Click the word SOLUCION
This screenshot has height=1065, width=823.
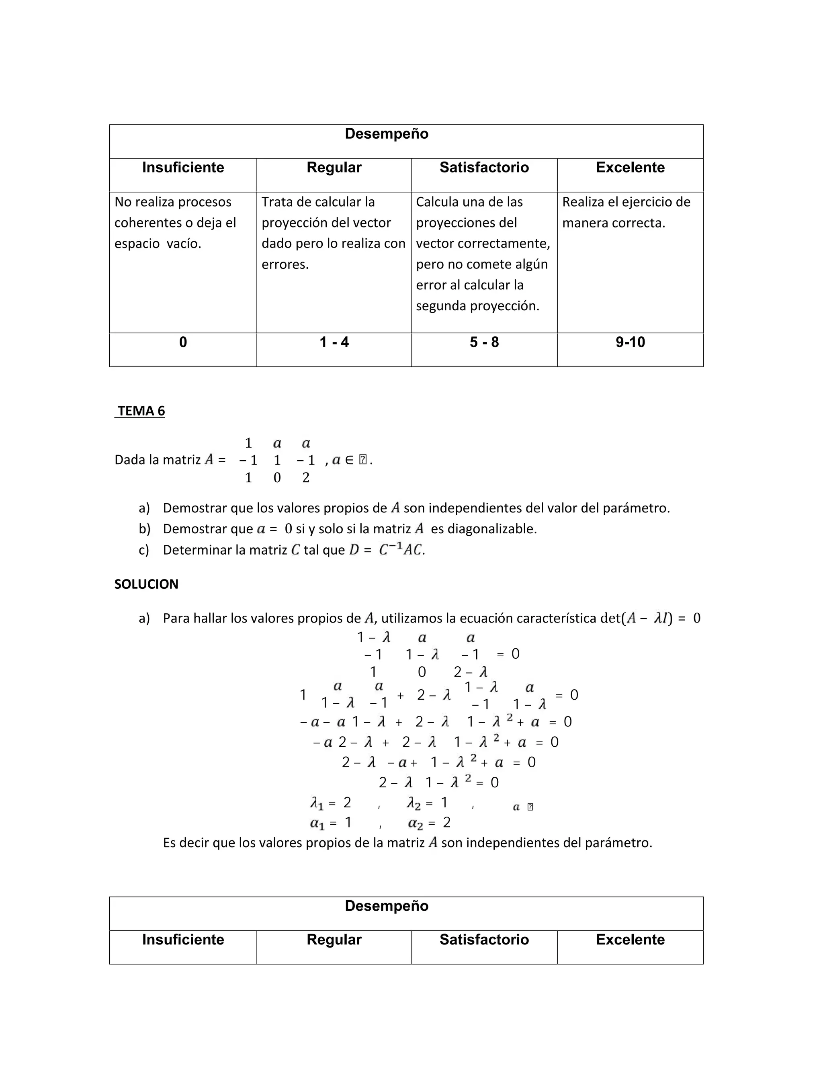[146, 584]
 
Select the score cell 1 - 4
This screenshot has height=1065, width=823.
[334, 342]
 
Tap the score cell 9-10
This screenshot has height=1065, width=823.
[630, 342]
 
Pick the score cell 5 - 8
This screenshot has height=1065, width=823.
[484, 342]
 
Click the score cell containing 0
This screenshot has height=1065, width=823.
[183, 342]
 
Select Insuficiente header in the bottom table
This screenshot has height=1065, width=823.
[183, 940]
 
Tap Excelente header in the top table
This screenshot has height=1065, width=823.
[630, 168]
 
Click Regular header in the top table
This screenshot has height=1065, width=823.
[334, 168]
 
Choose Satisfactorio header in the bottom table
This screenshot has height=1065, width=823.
[484, 940]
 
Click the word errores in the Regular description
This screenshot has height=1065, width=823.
[285, 264]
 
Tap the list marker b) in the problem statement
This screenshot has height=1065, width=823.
[144, 529]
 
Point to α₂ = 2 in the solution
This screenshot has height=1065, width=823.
[429, 823]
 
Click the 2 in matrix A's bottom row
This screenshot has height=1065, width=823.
[306, 478]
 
